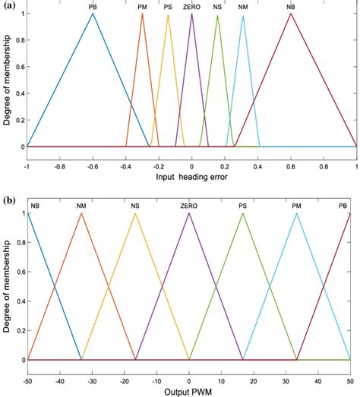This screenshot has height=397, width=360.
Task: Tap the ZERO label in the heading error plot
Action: (x=192, y=6)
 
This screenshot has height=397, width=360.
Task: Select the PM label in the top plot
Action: (x=143, y=6)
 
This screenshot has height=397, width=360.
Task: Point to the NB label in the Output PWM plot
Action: (x=35, y=205)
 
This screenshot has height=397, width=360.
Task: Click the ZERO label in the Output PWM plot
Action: (x=189, y=205)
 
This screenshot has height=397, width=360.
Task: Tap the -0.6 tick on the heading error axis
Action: (x=93, y=164)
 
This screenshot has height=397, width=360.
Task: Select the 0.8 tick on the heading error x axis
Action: (x=324, y=164)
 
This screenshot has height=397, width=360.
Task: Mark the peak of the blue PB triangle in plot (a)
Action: (x=93, y=14)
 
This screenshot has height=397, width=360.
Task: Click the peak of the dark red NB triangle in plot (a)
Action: (x=291, y=14)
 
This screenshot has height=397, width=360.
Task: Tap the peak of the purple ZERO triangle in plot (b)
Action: (x=189, y=213)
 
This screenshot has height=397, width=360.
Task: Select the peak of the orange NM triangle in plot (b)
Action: (x=81, y=213)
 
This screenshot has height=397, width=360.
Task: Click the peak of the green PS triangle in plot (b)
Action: (x=243, y=213)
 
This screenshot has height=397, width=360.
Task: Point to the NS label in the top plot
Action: (x=218, y=6)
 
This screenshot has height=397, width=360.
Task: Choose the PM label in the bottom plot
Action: (x=297, y=205)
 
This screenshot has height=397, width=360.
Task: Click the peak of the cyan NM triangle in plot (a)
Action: (x=243, y=16)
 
